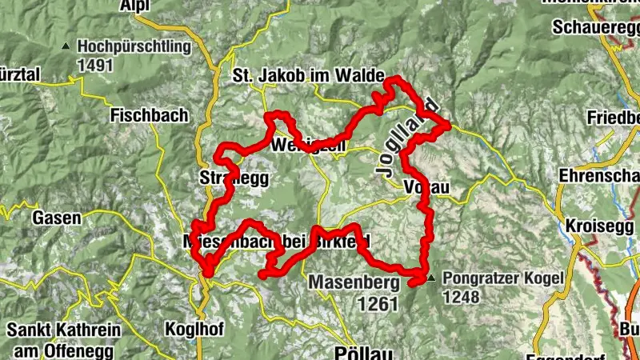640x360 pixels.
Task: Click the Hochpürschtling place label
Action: pos(134,46)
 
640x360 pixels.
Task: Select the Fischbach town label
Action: pos(150,115)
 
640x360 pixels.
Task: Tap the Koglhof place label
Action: pos(194,328)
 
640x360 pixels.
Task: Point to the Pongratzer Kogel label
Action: pos(502,279)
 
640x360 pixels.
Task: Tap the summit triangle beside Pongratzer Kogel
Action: pos(432,279)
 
